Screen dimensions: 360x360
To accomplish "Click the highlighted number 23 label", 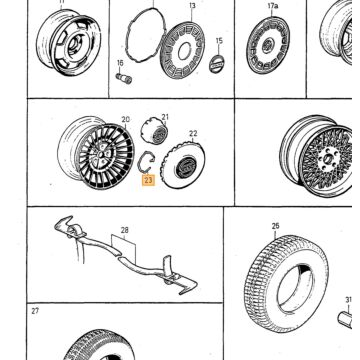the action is click(x=148, y=180).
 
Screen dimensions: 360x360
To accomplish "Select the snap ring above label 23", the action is click(x=140, y=162).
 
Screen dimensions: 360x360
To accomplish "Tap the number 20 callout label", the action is click(x=125, y=119).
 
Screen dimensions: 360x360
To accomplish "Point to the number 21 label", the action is click(x=165, y=117).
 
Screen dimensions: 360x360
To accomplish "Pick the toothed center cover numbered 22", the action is click(x=183, y=165).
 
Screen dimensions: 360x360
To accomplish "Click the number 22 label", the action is click(x=193, y=133).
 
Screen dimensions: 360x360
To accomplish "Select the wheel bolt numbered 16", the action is click(x=124, y=78).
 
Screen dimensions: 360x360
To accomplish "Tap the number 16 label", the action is click(x=120, y=63).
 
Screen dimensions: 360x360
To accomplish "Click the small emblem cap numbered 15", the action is click(x=217, y=64).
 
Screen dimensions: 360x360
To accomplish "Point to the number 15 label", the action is click(x=219, y=41).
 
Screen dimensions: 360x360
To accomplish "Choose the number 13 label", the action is click(x=192, y=6).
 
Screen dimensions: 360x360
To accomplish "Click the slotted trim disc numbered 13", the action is click(x=183, y=50).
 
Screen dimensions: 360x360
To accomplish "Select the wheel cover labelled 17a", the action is click(x=268, y=45).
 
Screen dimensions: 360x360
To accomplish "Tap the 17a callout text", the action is click(x=272, y=6).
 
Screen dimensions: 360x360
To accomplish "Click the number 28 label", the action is click(x=124, y=230).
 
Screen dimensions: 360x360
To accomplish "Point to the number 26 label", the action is click(x=275, y=226).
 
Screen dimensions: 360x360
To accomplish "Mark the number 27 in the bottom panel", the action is click(x=35, y=311).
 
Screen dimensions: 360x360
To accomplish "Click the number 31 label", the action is click(x=348, y=300).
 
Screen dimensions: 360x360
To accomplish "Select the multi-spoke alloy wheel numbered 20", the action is click(x=96, y=153).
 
